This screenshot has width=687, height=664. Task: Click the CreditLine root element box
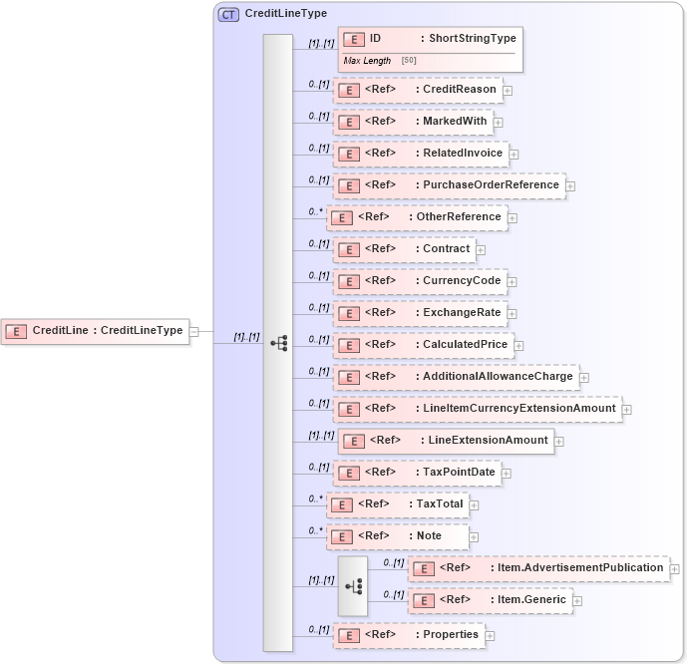coord(96,331)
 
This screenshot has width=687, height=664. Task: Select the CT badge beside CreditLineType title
coord(229,14)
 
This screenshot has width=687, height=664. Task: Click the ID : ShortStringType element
coord(430,39)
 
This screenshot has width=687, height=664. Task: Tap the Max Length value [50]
coord(409,61)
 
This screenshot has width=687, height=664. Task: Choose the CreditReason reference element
coord(417,90)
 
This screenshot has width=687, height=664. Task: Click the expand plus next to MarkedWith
coord(499,123)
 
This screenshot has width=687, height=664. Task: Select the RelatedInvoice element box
coord(421,154)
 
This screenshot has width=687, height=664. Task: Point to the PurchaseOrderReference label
coord(491,185)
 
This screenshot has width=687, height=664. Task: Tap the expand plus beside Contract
coord(481,250)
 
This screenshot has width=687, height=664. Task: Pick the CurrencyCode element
coord(420,281)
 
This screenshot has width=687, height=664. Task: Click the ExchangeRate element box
coord(420,313)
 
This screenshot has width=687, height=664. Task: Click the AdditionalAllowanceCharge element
coord(456,377)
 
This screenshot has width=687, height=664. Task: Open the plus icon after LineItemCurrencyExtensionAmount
coord(626,410)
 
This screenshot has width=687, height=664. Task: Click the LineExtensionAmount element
coord(446,441)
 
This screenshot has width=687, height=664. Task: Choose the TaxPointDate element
coord(417,473)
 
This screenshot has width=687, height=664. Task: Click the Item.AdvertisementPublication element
coord(538,568)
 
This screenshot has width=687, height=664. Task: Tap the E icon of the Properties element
coord(348,636)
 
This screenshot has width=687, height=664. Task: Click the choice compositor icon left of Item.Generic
coord(352,586)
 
